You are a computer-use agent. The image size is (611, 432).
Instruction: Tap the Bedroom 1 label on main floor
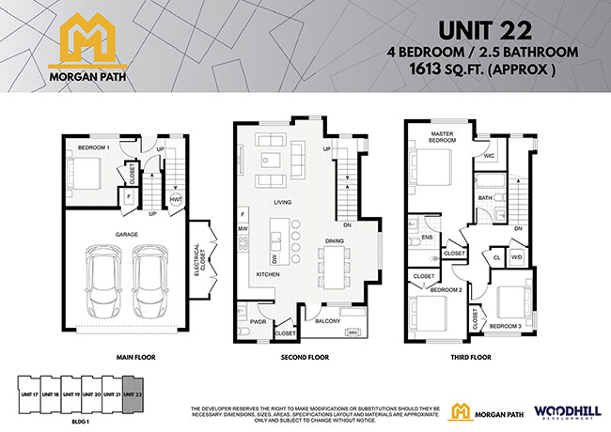click(x=94, y=148)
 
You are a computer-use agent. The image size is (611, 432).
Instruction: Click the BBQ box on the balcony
click(x=353, y=332)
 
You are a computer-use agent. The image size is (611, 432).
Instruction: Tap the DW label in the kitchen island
click(x=274, y=257)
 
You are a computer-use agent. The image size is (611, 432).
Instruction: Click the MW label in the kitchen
click(x=243, y=228)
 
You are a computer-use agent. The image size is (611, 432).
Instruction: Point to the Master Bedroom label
click(x=443, y=138)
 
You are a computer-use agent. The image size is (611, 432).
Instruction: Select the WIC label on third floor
click(x=490, y=156)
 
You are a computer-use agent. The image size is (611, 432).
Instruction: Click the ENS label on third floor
click(x=426, y=238)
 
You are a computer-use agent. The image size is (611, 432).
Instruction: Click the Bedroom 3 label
click(x=506, y=325)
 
